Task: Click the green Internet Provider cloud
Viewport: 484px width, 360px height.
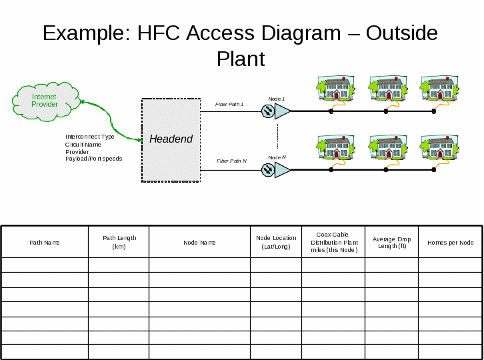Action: tap(45, 101)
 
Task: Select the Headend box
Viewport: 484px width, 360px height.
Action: tap(171, 139)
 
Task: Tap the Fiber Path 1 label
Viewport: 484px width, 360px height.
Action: tap(229, 105)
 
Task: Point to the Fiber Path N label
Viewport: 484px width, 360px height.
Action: tap(231, 161)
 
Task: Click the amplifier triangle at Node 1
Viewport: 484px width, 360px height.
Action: tap(283, 111)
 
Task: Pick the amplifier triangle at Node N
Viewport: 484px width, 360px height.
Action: tap(283, 170)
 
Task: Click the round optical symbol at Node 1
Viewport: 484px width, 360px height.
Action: tap(268, 111)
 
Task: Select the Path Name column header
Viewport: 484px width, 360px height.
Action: tap(45, 243)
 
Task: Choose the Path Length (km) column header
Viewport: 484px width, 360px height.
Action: tap(119, 242)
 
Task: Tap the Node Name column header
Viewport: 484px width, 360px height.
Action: tap(199, 243)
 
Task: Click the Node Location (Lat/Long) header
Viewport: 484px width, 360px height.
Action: tap(276, 242)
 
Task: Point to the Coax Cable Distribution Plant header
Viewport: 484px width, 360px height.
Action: tap(333, 242)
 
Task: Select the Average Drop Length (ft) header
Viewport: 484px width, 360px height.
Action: tap(392, 242)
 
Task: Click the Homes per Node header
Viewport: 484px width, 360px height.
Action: tap(450, 243)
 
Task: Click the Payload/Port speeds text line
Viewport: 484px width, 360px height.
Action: tap(93, 159)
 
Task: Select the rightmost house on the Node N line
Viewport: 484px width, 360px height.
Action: tap(439, 147)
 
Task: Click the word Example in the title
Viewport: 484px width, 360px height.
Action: tap(86, 33)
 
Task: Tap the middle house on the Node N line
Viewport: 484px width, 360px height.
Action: tap(388, 147)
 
